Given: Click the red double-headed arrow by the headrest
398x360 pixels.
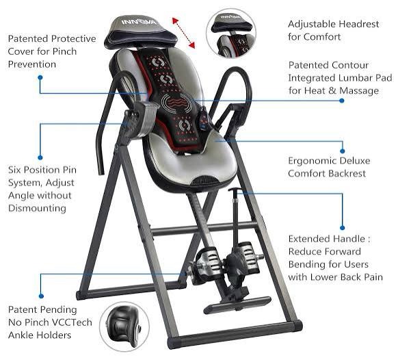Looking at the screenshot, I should pyautogui.click(x=183, y=32).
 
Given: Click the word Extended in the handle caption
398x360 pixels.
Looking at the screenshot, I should pyautogui.click(x=310, y=239).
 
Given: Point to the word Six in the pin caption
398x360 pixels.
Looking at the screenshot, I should pyautogui.click(x=16, y=170).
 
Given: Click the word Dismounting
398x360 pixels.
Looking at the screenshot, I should pyautogui.click(x=38, y=208).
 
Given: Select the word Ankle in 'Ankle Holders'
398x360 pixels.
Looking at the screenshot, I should pyautogui.click(x=23, y=335).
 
